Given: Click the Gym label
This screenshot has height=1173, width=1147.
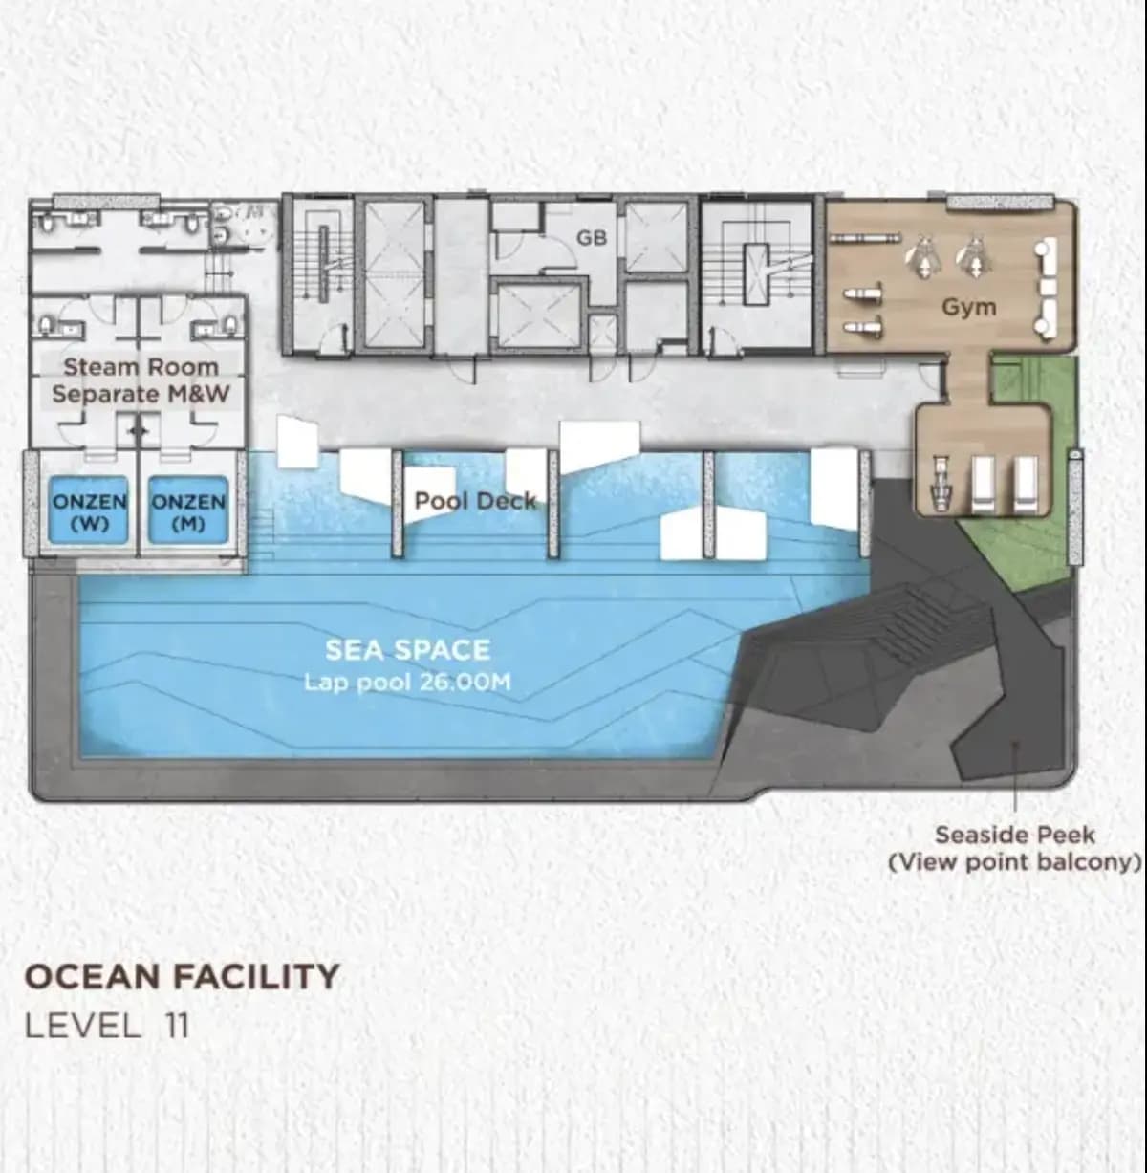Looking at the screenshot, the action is tap(968, 308).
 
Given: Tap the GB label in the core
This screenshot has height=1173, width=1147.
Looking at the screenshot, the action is tap(592, 238).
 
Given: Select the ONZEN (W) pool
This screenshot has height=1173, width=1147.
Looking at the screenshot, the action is tap(89, 510).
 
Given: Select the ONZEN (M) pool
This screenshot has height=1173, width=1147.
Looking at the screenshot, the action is tap(188, 510).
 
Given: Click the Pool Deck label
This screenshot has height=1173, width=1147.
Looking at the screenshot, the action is tap(476, 501).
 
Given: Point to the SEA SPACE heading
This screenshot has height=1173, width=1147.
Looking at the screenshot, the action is tap(407, 650).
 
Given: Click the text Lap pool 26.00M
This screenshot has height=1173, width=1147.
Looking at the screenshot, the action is tap(407, 683).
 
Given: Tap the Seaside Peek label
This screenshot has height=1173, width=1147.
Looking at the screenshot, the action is tap(1015, 836).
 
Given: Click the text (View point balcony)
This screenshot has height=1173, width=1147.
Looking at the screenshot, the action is tap(1015, 862).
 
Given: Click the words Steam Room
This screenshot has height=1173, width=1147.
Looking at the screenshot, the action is tap(141, 367).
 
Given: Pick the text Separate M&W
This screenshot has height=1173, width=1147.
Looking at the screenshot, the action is tap(141, 394).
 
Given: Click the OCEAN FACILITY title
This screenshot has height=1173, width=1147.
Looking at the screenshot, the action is tap(182, 976).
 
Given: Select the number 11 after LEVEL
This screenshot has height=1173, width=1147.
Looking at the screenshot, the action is tap(177, 1026).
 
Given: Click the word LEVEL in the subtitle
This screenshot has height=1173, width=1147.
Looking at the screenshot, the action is tap(82, 1026).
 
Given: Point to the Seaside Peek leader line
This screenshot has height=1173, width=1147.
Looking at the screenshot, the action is tap(1016, 777).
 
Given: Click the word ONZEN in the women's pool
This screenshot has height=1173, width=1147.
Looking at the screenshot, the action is tap(89, 502).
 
